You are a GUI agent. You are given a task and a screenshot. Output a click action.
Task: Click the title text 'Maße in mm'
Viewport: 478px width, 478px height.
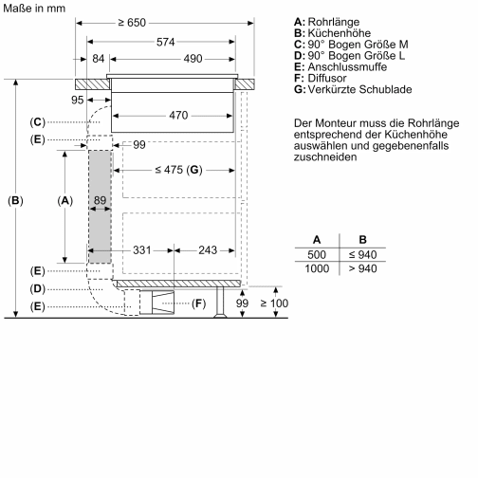[35, 8]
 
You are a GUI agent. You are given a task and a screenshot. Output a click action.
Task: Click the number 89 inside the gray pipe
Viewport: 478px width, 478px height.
[99, 200]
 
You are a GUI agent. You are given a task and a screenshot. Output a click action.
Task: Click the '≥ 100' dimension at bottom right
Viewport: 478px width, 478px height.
[274, 303]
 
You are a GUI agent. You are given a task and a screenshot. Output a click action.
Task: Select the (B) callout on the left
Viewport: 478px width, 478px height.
[15, 200]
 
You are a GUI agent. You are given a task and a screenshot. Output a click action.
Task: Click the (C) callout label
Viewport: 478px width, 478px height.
[37, 121]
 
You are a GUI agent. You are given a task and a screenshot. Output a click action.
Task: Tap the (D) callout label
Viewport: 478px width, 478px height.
[37, 288]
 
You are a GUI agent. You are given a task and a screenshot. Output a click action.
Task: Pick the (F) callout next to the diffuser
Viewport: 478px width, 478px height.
[197, 303]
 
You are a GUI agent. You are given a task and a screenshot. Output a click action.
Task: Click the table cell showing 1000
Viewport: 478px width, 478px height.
[317, 269]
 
